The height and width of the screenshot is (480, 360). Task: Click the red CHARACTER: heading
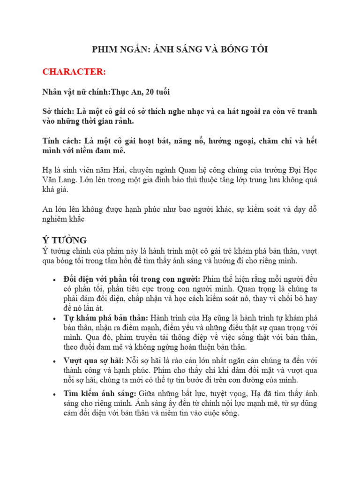point(74,72)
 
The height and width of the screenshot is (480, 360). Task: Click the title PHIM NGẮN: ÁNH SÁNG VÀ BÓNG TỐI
point(180,50)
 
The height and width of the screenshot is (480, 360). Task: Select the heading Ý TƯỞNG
point(65,240)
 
